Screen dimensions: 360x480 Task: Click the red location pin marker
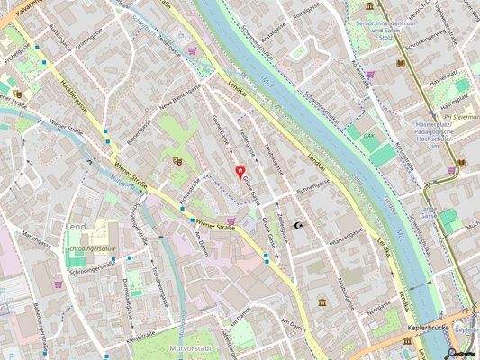tap(240, 172)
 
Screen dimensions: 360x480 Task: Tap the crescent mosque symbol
tap(299, 228)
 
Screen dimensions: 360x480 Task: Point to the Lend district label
tap(75, 227)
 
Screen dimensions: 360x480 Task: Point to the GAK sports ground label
tap(369, 138)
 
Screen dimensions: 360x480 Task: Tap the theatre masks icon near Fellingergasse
tap(177, 160)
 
